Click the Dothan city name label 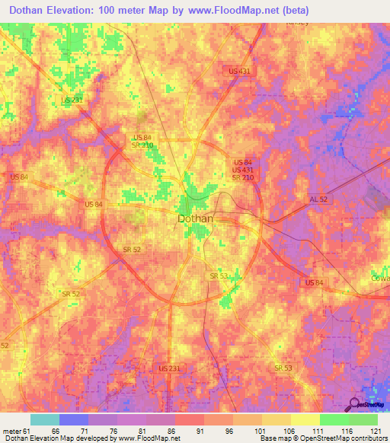[195, 218]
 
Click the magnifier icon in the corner [356, 405]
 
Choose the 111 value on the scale [319, 430]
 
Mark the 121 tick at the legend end [376, 430]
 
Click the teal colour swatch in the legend [44, 419]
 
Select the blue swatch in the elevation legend [73, 419]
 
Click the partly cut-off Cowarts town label [380, 278]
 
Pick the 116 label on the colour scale [348, 430]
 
